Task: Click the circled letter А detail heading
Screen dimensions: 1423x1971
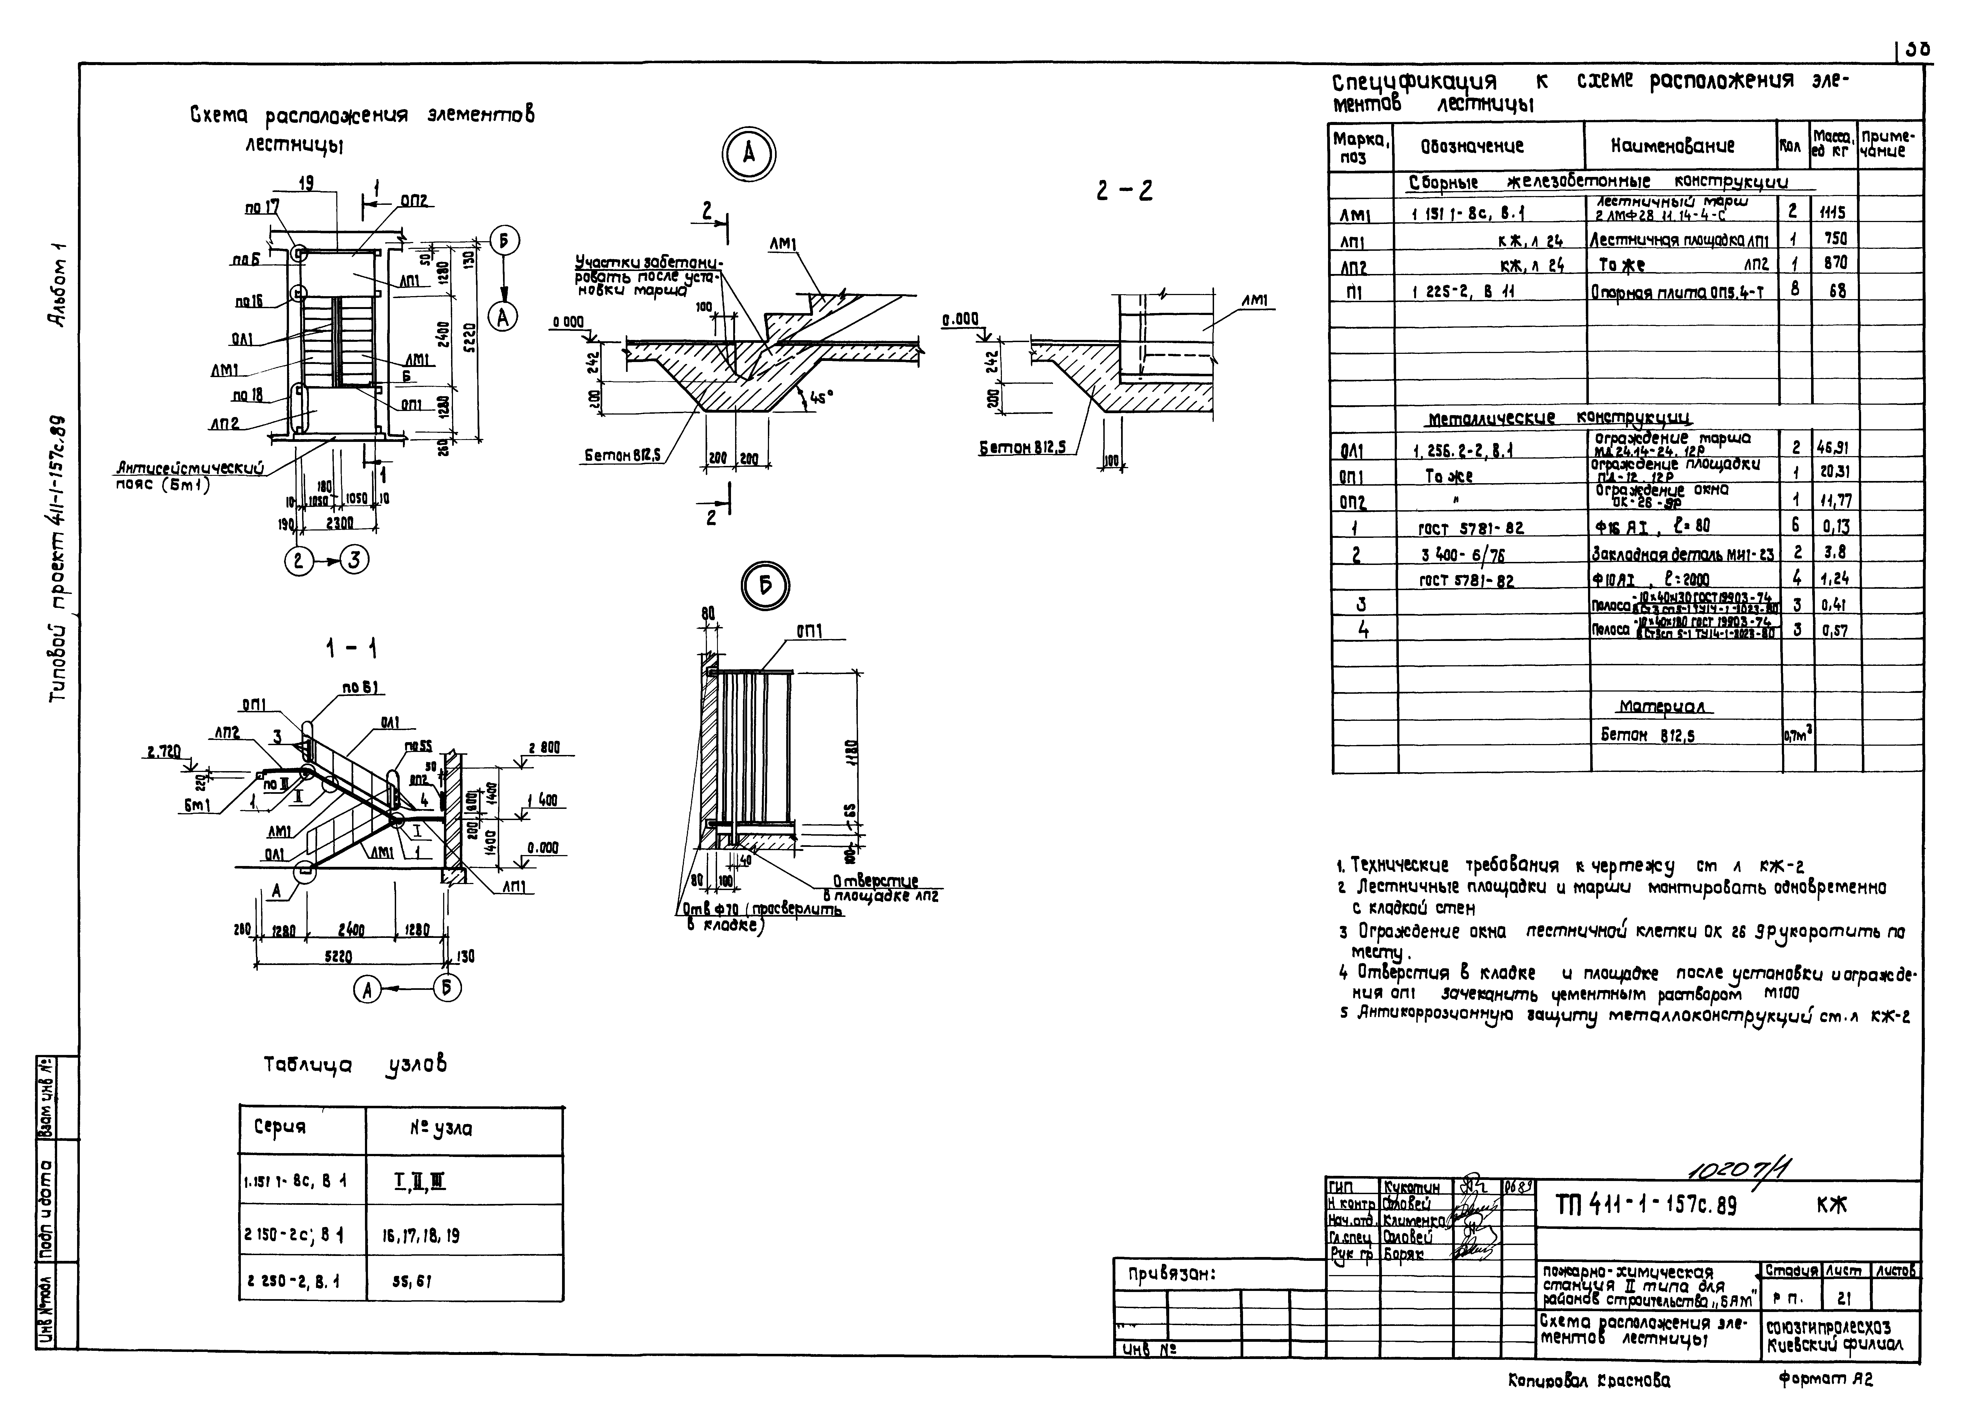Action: [x=748, y=155]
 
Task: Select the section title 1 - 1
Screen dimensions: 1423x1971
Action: [x=351, y=648]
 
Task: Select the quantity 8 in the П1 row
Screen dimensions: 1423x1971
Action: [x=1795, y=290]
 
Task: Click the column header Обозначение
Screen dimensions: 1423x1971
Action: [x=1472, y=147]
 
